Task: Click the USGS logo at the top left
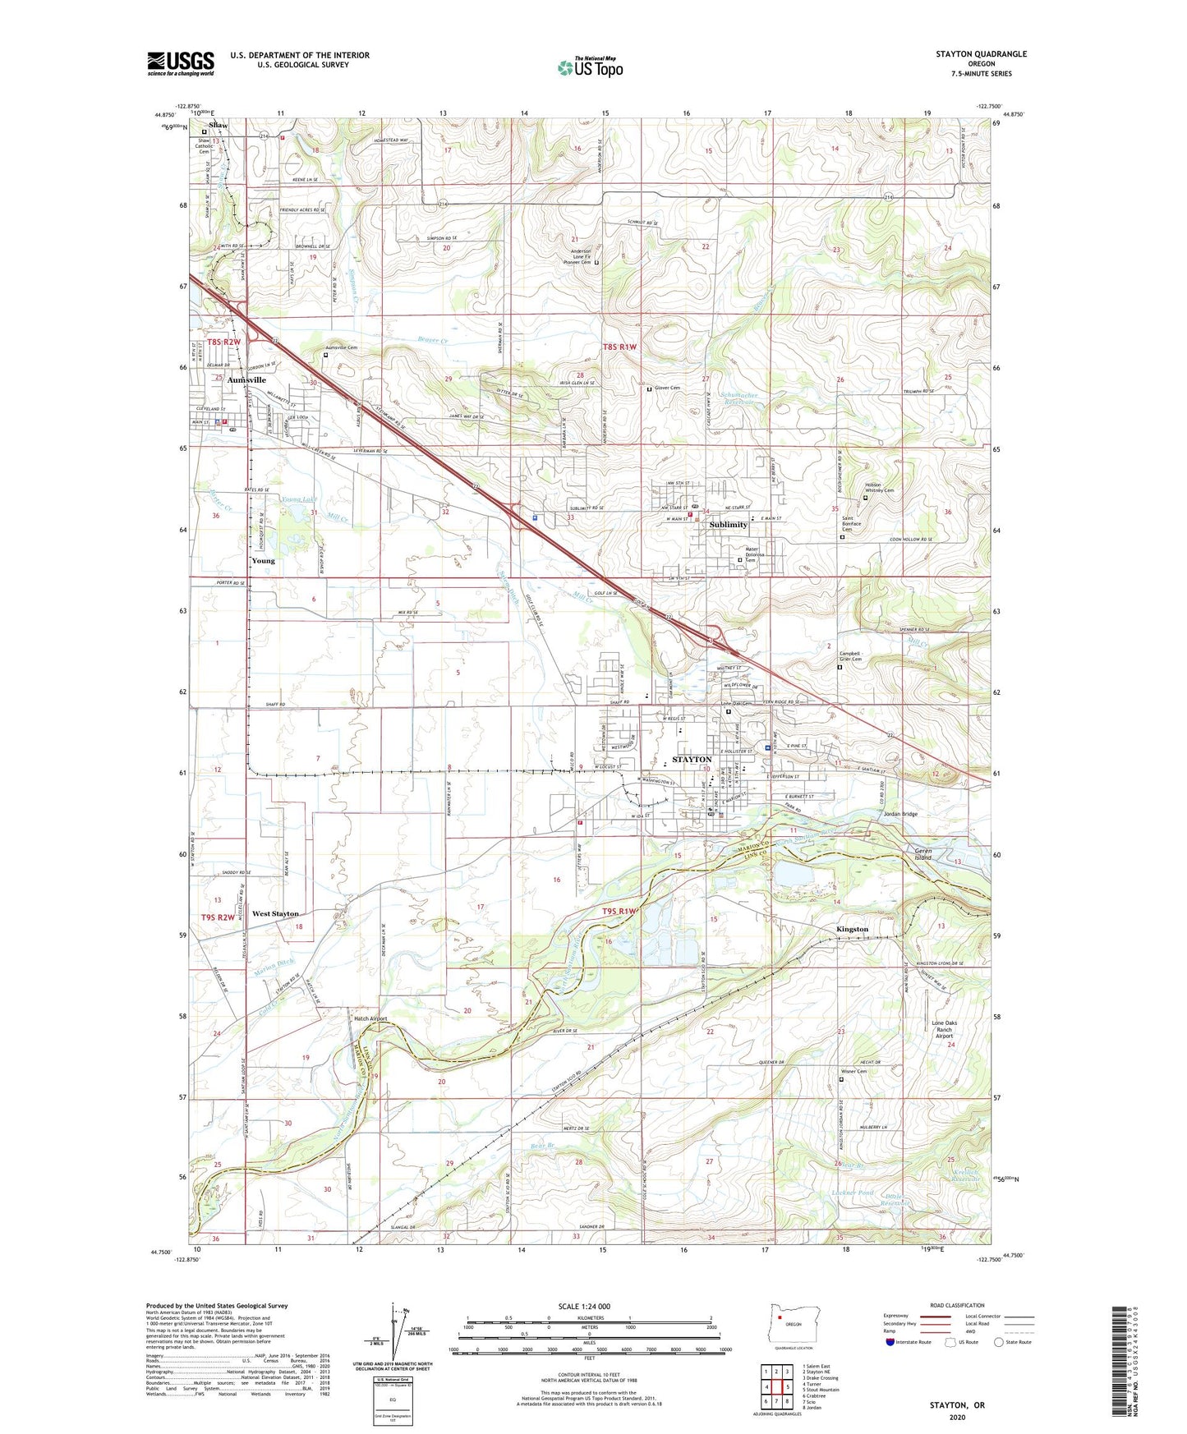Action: tap(181, 63)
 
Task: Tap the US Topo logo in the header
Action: tap(589, 67)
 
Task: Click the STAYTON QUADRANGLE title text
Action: tap(981, 54)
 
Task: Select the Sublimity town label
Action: tap(728, 524)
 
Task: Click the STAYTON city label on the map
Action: tap(691, 760)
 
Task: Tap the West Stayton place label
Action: tap(275, 913)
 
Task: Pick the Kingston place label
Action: tap(852, 929)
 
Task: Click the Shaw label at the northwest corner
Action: tap(218, 125)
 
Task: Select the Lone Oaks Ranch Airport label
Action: tap(944, 1029)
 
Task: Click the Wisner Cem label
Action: tap(853, 1071)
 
